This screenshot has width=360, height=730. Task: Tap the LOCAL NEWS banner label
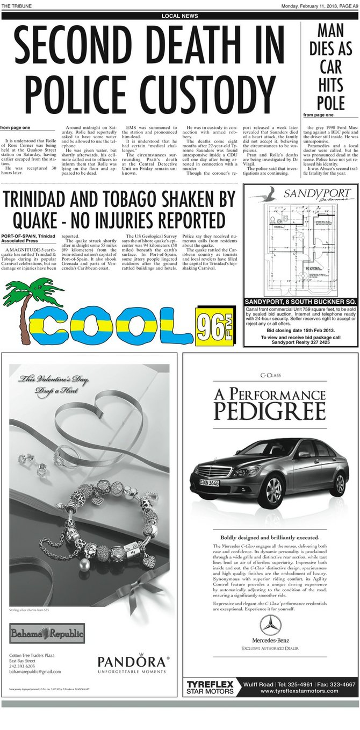(x=179, y=16)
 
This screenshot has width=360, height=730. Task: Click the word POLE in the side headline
(x=331, y=102)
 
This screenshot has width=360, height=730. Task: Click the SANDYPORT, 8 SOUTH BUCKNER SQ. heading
(x=300, y=301)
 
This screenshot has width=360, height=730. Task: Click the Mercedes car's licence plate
(x=210, y=482)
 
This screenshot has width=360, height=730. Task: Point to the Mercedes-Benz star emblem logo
(x=270, y=626)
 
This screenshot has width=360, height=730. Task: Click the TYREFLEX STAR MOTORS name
(x=210, y=687)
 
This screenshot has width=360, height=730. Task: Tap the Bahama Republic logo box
(x=47, y=633)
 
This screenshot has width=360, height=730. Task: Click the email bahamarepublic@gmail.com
(x=35, y=671)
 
